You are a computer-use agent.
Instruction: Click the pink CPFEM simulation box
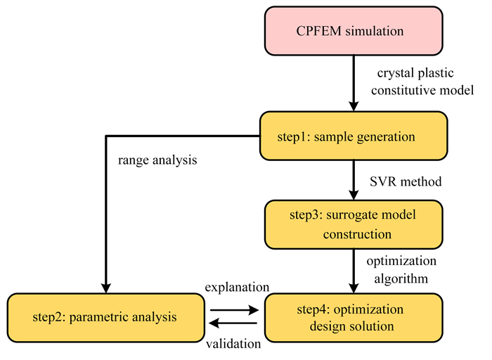coord(354,31)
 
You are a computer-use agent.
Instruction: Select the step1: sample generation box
coord(354,136)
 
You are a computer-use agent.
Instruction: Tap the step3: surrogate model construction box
coord(354,225)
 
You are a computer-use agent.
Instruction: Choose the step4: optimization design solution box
coord(354,318)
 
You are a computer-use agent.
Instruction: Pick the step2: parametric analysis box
coord(106,318)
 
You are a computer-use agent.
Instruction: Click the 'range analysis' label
coord(157,160)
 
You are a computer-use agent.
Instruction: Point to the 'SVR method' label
coord(406,181)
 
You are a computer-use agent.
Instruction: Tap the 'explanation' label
coord(238,287)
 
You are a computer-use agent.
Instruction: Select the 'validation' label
coord(233,344)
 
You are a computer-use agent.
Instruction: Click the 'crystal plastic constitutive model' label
coord(422,82)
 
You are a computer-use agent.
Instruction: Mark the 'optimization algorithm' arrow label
coord(401,269)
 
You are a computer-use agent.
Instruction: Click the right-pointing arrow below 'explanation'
coord(234,310)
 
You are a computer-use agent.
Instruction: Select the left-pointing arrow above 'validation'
coord(233,323)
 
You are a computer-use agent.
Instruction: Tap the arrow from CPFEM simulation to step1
coord(354,84)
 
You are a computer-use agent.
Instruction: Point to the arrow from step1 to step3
coord(354,180)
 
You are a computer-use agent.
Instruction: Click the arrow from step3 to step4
coord(354,271)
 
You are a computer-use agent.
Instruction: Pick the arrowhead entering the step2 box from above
coord(106,288)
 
